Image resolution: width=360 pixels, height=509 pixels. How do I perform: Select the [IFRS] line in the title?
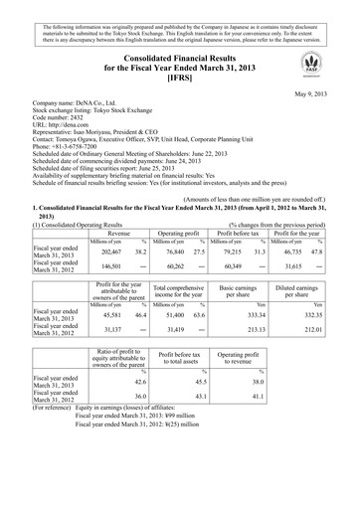pos(179,77)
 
